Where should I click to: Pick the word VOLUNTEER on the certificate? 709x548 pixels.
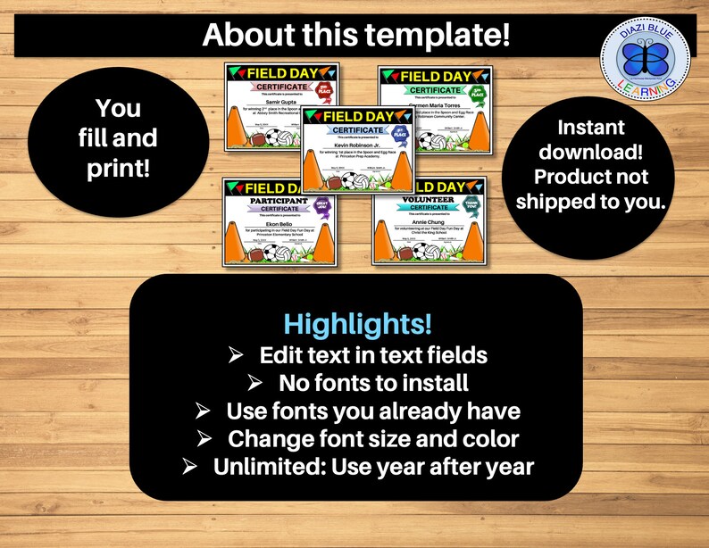point(412,199)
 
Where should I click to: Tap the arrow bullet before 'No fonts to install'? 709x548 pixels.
point(255,383)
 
